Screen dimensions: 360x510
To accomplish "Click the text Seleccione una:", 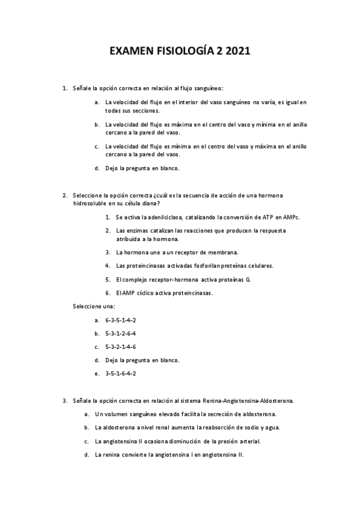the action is click(x=94, y=306).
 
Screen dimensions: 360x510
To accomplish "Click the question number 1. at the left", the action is click(x=65, y=88).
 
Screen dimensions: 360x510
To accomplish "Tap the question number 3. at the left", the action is click(x=65, y=400).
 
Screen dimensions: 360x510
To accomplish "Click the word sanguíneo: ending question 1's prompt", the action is click(x=207, y=88).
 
